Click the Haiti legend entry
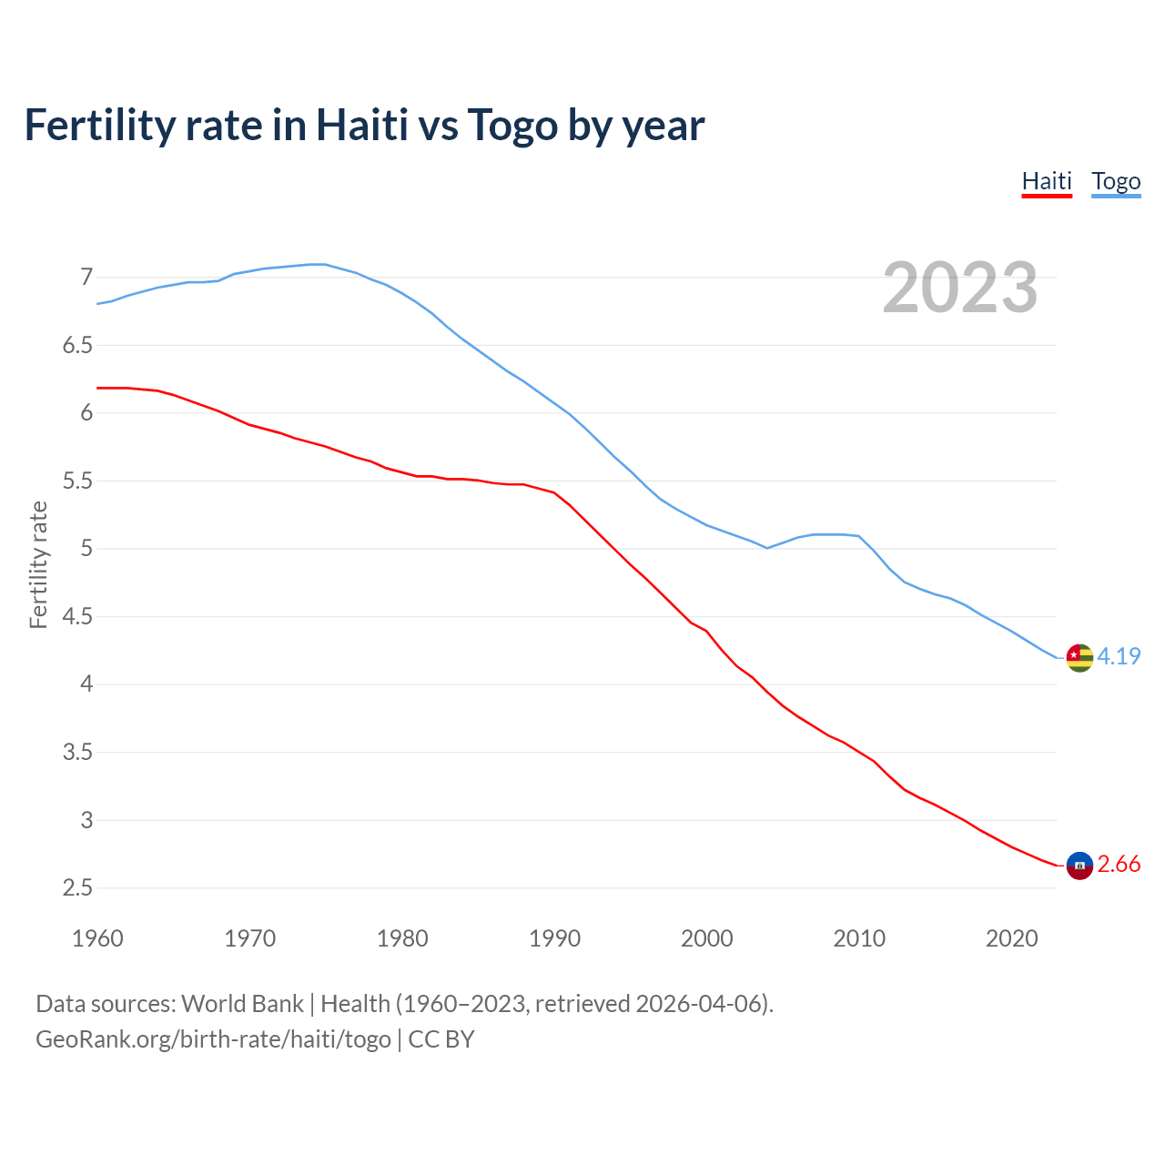(1047, 181)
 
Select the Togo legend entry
(1116, 181)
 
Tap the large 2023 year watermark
(960, 288)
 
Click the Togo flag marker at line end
(1079, 657)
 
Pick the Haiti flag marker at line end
(1079, 865)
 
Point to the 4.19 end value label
(1119, 656)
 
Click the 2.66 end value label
(1119, 864)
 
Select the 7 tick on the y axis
(86, 277)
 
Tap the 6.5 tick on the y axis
(78, 345)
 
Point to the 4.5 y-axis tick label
(78, 616)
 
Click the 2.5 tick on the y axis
(78, 887)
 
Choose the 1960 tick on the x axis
(97, 938)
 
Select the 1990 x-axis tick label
(554, 938)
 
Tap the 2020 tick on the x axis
(1011, 938)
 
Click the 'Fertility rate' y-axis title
(38, 564)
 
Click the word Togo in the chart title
(512, 125)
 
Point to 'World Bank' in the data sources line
(242, 1004)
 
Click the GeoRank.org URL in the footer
(213, 1039)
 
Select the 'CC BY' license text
(441, 1039)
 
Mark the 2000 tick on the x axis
(707, 938)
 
